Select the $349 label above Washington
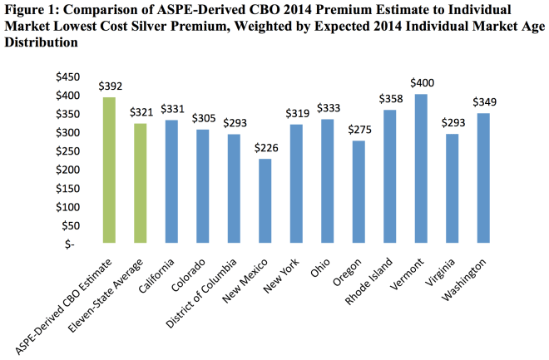[x=485, y=102]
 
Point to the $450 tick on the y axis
[x=68, y=77]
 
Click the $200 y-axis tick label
[x=68, y=170]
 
